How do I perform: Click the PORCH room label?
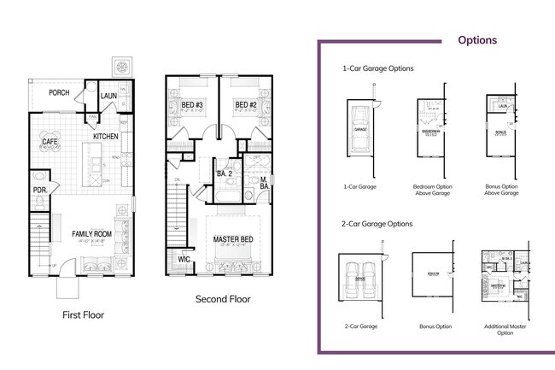click(59, 93)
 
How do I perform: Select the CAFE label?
click(50, 141)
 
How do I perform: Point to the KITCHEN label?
click(106, 137)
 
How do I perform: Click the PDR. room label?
click(39, 190)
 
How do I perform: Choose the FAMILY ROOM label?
click(91, 233)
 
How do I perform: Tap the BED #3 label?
click(191, 106)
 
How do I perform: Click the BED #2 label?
click(246, 106)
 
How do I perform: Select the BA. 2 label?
click(225, 173)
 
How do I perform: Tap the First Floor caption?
click(84, 314)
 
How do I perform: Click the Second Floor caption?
click(222, 299)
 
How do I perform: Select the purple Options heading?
click(477, 39)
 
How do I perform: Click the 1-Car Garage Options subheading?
click(377, 68)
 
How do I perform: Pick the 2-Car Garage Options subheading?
click(377, 224)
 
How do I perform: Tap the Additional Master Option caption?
click(505, 329)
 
